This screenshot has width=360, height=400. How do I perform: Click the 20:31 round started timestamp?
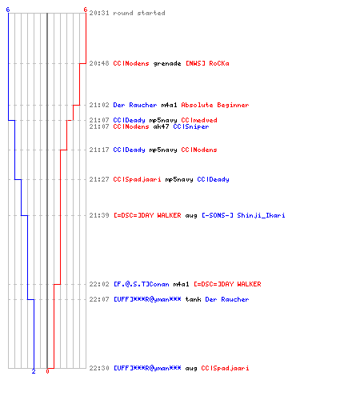tap(99, 13)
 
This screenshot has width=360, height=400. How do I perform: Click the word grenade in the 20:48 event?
tap(167, 63)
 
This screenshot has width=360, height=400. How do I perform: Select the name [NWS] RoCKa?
tap(207, 63)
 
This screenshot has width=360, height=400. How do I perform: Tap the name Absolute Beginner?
tap(215, 105)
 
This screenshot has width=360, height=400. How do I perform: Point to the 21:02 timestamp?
tap(99, 105)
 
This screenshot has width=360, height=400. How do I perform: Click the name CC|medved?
tap(199, 120)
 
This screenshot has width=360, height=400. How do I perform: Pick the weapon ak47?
tap(161, 126)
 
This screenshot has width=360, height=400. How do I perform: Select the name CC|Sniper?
tap(191, 126)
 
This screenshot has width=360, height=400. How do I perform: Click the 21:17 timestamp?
tap(99, 150)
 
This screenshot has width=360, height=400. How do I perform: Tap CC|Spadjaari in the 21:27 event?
tap(137, 179)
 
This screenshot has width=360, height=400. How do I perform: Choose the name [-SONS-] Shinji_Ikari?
tap(243, 215)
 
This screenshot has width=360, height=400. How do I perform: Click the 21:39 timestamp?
tap(99, 215)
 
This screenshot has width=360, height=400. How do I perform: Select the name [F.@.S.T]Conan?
tap(142, 284)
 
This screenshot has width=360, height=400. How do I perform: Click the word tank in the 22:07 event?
tap(193, 299)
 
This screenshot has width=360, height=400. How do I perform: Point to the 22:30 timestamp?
tap(99, 368)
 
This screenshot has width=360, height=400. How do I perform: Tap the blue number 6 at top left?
tap(8, 10)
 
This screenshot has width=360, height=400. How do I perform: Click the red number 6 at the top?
tap(86, 10)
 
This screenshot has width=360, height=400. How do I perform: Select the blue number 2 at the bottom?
tap(34, 371)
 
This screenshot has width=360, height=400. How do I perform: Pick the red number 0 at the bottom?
tap(47, 371)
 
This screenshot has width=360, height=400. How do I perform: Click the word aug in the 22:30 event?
tap(191, 369)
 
